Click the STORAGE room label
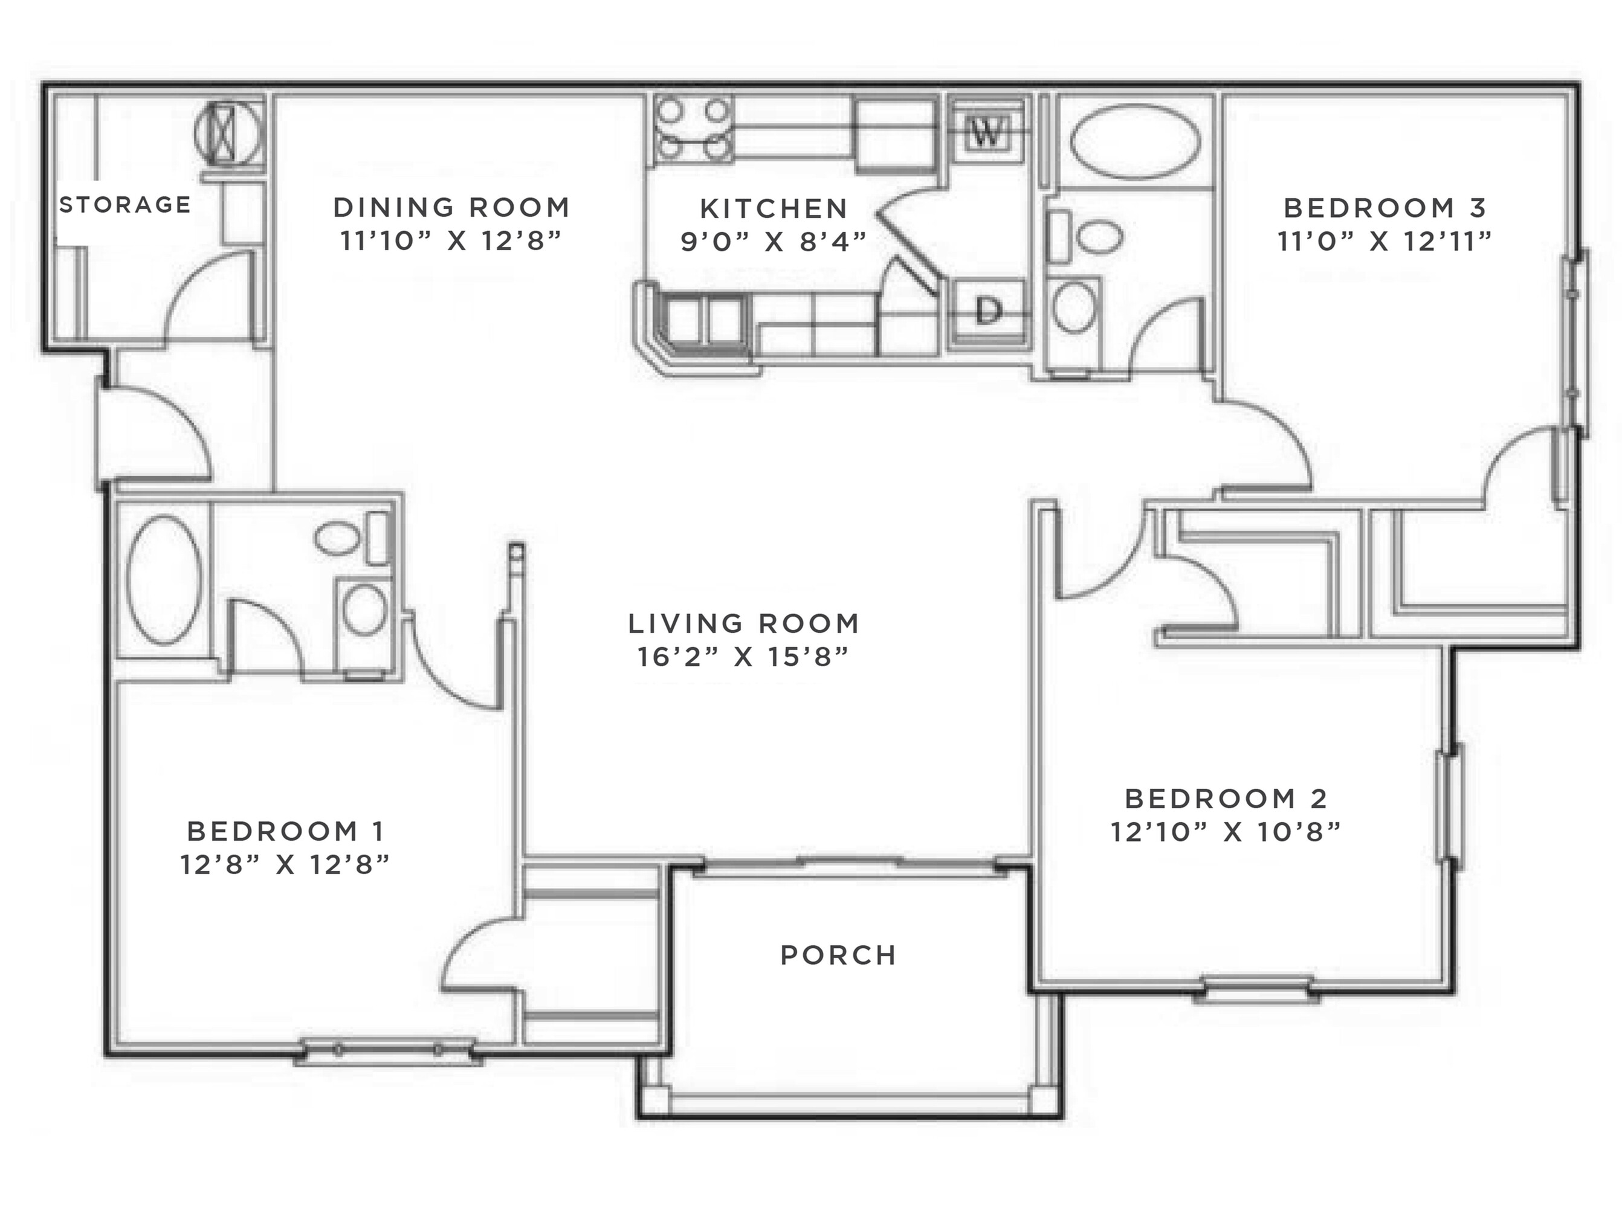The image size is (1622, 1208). pyautogui.click(x=125, y=205)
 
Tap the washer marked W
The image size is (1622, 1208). pyautogui.click(x=986, y=132)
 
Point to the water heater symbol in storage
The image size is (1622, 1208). pyautogui.click(x=228, y=132)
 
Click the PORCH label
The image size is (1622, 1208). pyautogui.click(x=838, y=955)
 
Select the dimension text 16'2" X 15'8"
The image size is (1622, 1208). pyautogui.click(x=743, y=657)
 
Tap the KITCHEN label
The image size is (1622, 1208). pyautogui.click(x=774, y=209)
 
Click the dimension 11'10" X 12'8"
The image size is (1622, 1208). pyautogui.click(x=451, y=240)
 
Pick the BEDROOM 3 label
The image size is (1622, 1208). pyautogui.click(x=1385, y=208)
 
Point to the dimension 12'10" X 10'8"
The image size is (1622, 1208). pyautogui.click(x=1226, y=832)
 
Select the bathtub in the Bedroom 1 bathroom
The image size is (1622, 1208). pyautogui.click(x=164, y=580)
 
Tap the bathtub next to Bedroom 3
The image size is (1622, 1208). pyautogui.click(x=1135, y=141)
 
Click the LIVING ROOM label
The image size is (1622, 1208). pyautogui.click(x=743, y=624)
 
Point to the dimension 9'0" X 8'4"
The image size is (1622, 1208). pyautogui.click(x=774, y=242)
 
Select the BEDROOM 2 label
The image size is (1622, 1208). pyautogui.click(x=1226, y=798)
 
